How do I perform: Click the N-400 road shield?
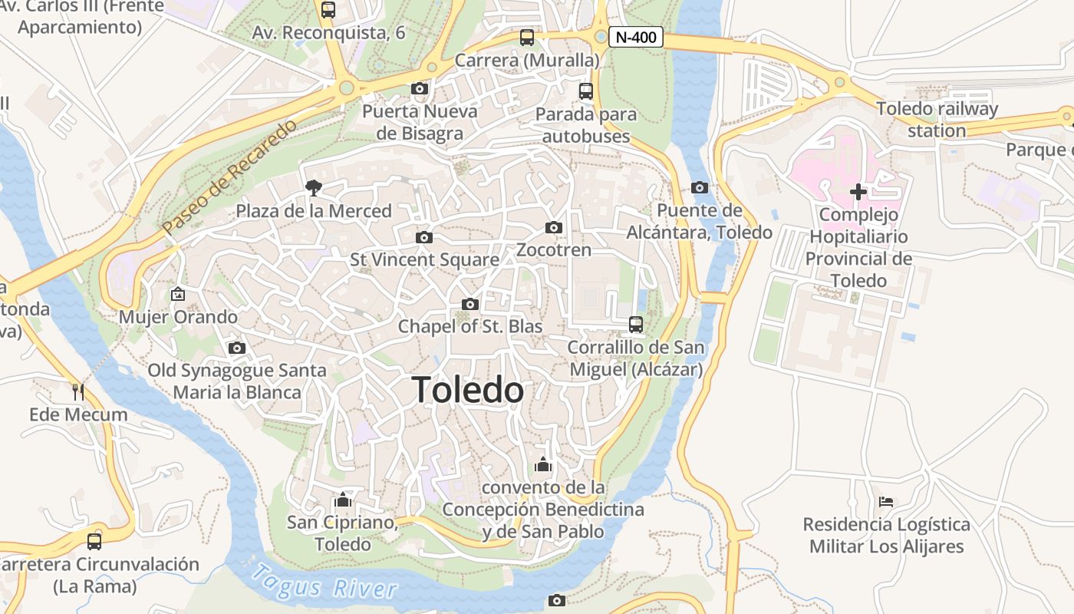click(635, 37)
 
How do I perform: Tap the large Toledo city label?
click(468, 390)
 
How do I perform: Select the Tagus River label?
click(326, 583)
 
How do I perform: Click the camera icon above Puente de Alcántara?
click(699, 187)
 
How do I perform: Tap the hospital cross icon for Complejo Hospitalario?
click(858, 191)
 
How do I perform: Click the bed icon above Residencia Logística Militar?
click(886, 502)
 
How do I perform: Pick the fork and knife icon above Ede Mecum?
click(77, 391)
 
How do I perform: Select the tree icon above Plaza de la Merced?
click(313, 187)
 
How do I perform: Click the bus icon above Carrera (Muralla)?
click(526, 37)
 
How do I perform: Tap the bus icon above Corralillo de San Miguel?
click(635, 324)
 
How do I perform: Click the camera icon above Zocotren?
click(553, 227)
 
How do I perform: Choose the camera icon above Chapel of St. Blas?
click(470, 304)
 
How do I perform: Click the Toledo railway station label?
click(937, 120)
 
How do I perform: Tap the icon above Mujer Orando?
click(178, 293)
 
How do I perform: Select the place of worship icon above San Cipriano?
click(342, 500)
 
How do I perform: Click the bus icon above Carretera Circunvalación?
click(94, 541)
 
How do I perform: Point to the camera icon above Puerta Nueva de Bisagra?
click(419, 88)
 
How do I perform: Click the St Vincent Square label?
click(424, 260)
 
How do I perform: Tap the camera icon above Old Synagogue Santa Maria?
click(237, 348)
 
